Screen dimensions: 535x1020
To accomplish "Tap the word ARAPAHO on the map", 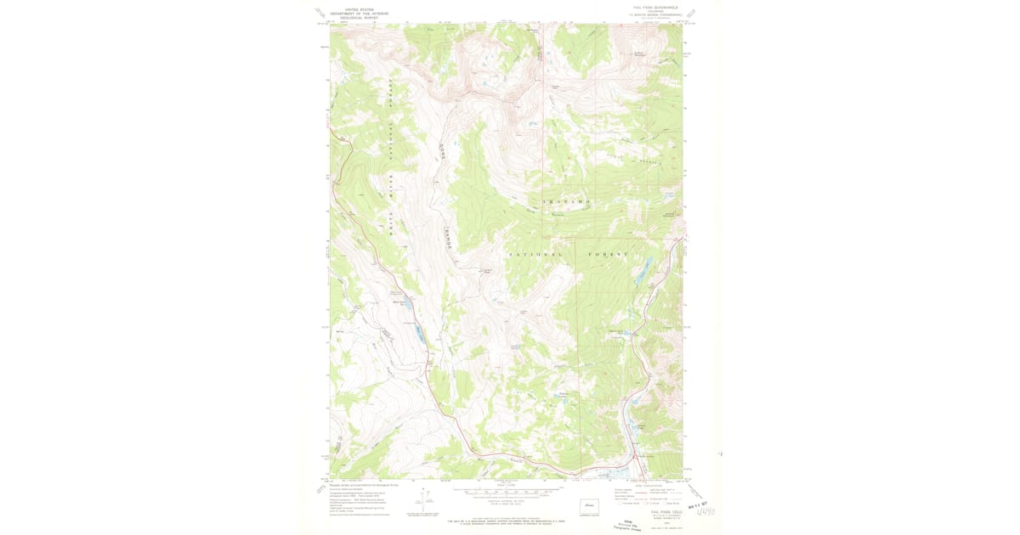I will [x=566, y=201].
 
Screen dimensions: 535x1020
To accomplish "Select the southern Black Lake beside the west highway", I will [x=420, y=334].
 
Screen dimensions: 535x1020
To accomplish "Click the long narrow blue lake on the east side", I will [x=643, y=271].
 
